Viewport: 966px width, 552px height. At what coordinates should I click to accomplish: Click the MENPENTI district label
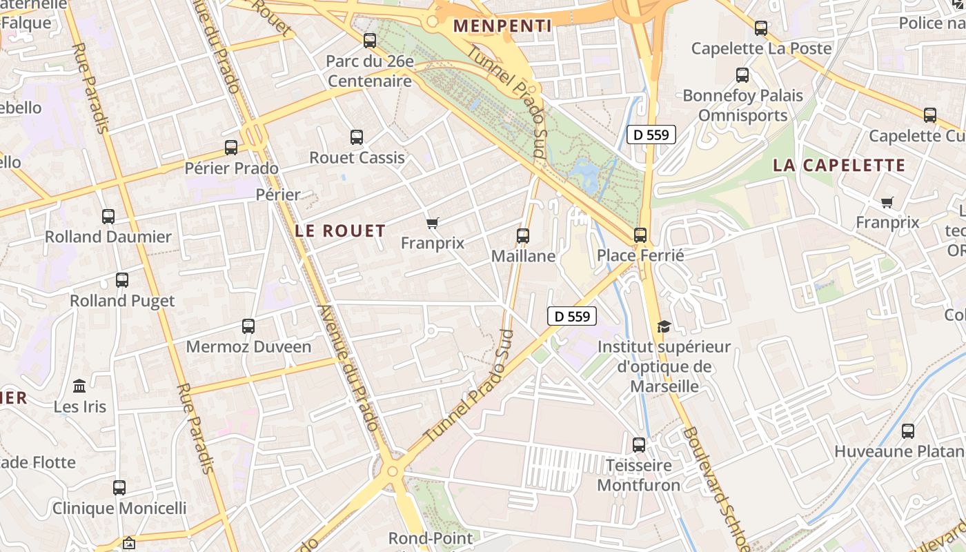(502, 26)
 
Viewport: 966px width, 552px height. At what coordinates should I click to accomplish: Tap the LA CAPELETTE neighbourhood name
(838, 165)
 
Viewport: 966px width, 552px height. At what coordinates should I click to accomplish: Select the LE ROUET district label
(340, 230)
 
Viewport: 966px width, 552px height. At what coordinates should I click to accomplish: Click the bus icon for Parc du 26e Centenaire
(370, 41)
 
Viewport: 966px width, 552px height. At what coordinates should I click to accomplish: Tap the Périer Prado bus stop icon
(231, 148)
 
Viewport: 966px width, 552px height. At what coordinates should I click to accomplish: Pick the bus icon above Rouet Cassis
(357, 137)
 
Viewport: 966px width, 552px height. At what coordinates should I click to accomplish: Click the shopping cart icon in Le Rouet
(433, 223)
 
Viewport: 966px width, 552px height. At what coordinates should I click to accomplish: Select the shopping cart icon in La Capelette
(887, 202)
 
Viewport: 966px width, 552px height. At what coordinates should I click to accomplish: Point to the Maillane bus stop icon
(523, 236)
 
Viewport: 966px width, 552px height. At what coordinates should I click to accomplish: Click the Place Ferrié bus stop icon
(640, 235)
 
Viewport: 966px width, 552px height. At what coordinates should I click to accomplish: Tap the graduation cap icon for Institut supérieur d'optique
(664, 326)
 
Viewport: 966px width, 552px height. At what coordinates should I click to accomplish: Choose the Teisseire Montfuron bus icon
(639, 445)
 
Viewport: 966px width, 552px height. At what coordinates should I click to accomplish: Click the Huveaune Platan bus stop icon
(908, 431)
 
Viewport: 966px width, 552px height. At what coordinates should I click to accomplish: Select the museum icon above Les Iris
(79, 386)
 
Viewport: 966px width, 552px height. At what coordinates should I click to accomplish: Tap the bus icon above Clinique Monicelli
(119, 488)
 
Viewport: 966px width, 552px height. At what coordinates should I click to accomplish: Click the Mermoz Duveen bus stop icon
(248, 326)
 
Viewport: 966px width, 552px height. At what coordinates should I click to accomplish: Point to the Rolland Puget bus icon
(122, 280)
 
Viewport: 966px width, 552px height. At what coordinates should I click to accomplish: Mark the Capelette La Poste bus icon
(761, 28)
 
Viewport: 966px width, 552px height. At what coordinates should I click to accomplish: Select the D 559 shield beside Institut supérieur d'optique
(572, 316)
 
